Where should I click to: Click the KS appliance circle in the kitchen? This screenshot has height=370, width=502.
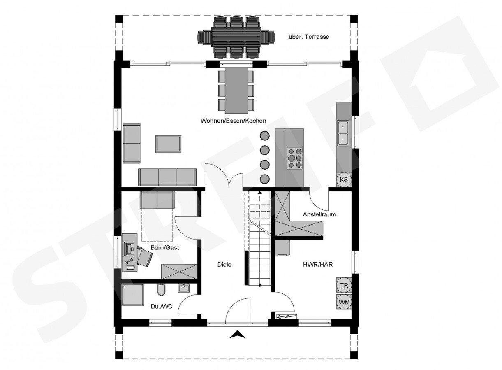tap(344, 179)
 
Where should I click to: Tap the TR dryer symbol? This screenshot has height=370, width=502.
tap(344, 285)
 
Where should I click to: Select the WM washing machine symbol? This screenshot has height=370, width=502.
tap(344, 302)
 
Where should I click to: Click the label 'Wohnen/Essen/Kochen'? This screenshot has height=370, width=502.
tap(233, 121)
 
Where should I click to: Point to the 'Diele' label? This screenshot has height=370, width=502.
tap(224, 265)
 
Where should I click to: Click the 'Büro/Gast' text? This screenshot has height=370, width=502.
tap(165, 248)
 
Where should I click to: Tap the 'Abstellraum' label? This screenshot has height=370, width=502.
tap(319, 214)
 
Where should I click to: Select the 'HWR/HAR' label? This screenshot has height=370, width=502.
tap(318, 265)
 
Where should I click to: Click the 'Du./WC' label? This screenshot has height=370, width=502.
tap(161, 307)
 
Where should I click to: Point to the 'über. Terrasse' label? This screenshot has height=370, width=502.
tap(309, 37)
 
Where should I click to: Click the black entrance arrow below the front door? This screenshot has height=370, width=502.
tap(238, 334)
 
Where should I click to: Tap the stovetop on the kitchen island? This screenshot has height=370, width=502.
tap(295, 158)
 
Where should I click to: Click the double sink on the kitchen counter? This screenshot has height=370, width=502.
tap(343, 133)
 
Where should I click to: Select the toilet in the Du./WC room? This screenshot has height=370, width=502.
tap(161, 290)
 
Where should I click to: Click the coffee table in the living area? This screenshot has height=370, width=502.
tap(168, 144)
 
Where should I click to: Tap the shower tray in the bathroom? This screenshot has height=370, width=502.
tap(133, 295)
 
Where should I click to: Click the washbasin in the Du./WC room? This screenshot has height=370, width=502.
tap(184, 288)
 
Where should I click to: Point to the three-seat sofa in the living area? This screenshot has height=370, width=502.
tap(167, 177)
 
